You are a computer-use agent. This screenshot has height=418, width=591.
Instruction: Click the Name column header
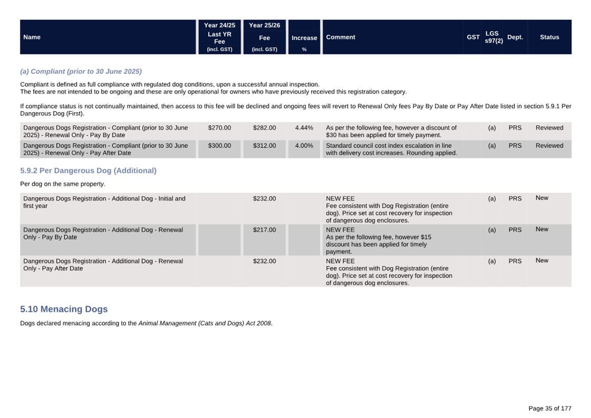point(32,37)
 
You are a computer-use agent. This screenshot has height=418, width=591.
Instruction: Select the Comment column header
point(340,37)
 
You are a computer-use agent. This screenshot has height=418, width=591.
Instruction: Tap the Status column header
point(549,37)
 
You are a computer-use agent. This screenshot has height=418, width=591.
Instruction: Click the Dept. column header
point(515,37)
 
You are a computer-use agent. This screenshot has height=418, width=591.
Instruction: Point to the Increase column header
point(304,38)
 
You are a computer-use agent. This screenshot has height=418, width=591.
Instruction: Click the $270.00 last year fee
point(220,128)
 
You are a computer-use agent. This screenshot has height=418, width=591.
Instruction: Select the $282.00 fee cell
point(264,128)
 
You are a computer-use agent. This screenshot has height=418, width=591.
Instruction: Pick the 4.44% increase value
point(304,128)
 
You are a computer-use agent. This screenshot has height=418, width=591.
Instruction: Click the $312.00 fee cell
point(264,146)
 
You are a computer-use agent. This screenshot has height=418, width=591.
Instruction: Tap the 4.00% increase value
point(304,146)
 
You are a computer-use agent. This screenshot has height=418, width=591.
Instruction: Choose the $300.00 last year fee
point(220,146)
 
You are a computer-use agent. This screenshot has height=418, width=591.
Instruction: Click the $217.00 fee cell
point(264,230)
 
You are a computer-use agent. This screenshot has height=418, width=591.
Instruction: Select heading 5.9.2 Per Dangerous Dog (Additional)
point(88,171)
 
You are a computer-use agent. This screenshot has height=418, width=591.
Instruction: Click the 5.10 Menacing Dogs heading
point(64,309)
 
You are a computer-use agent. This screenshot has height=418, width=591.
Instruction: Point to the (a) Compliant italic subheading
point(81,71)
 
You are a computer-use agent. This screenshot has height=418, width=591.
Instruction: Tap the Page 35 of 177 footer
point(550,408)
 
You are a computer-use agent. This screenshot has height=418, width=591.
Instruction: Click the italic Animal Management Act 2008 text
point(205,323)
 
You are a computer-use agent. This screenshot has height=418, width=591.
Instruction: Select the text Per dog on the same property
point(62,184)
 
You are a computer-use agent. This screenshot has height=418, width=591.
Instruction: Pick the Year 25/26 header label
point(264,25)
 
